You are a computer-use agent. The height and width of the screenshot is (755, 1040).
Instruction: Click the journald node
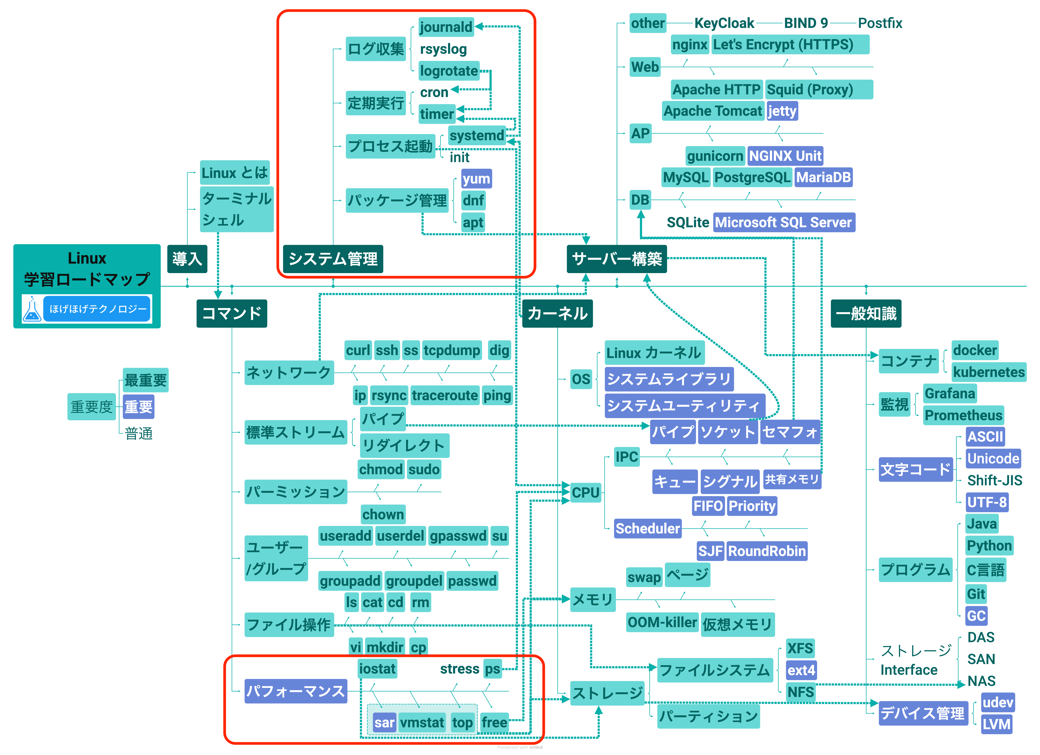[446, 27]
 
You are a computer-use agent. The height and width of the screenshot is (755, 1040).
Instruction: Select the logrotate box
[449, 71]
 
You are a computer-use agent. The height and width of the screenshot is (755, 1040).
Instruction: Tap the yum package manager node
[476, 179]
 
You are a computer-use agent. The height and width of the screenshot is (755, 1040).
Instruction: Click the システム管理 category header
[333, 259]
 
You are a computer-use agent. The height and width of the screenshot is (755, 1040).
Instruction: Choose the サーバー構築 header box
[617, 259]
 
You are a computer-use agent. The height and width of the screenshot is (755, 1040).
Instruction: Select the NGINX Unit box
[785, 156]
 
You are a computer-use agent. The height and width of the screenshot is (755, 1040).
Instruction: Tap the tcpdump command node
[452, 350]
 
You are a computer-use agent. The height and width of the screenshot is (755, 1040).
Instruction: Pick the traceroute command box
[445, 395]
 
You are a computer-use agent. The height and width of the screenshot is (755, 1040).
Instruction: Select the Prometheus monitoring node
[963, 415]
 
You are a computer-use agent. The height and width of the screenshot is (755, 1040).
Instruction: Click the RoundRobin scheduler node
[767, 551]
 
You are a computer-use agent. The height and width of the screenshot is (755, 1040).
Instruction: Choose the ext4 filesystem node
[801, 670]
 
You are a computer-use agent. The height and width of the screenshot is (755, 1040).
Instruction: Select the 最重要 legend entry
[145, 380]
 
